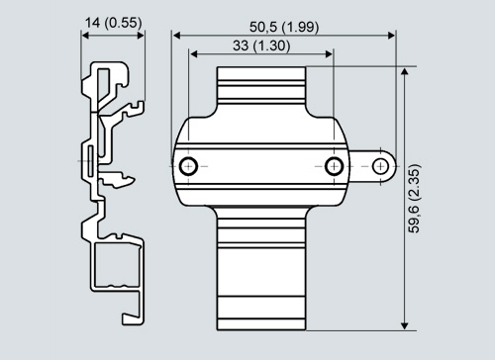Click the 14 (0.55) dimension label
114,23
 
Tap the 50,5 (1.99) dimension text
284,27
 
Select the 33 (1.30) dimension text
261,45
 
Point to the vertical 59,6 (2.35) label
415,199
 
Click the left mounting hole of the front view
188,166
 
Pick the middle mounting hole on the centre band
334,166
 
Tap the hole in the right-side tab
380,166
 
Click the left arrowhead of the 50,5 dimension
176,36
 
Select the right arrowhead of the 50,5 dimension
391,36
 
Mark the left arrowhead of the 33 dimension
194,54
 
